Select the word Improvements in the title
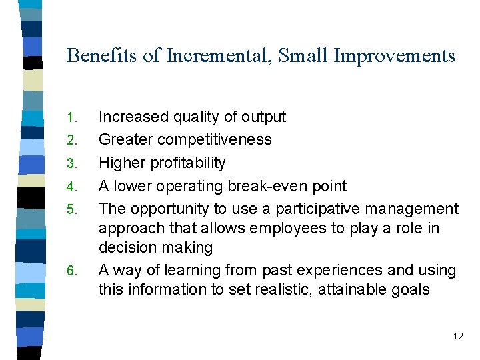[x=394, y=55]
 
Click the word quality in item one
[x=196, y=117]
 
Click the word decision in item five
[x=126, y=247]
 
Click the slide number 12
[x=457, y=336]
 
